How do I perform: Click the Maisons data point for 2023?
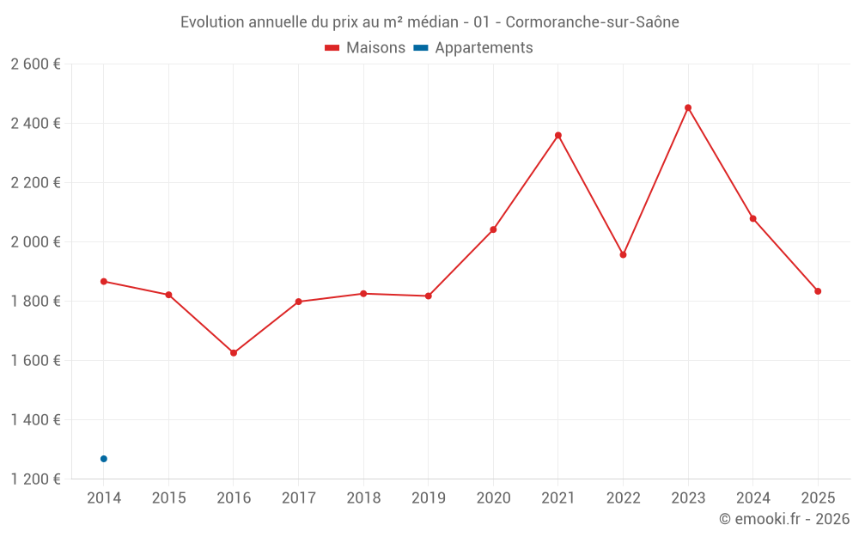tap(688, 107)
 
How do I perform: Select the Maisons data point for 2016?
tap(234, 353)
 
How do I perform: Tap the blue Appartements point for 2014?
tap(104, 459)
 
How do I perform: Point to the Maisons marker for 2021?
tap(558, 135)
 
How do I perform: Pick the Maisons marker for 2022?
tap(623, 254)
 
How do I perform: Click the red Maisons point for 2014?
tap(104, 281)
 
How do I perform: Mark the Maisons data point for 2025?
tap(818, 291)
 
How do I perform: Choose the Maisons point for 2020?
tap(493, 229)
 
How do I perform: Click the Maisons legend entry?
tap(365, 48)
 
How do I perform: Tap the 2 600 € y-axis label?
tap(35, 64)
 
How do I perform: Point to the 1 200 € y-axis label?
tap(35, 479)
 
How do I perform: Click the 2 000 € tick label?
tap(35, 242)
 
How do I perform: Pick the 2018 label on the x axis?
tap(363, 498)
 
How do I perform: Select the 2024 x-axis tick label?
tap(752, 498)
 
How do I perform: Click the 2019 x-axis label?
tap(428, 498)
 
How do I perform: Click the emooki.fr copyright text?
tap(784, 519)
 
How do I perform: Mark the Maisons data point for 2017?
tap(298, 302)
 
